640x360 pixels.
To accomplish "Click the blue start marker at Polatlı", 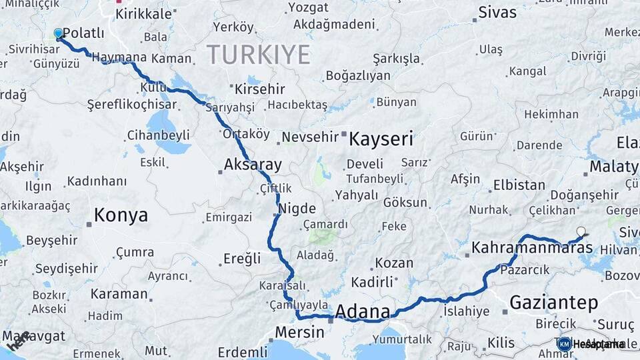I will [58, 33].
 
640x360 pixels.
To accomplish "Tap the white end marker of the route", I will [581, 231].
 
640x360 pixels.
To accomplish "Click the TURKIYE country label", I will [258, 54].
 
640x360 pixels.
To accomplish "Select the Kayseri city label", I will [381, 139].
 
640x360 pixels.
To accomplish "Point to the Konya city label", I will [121, 215].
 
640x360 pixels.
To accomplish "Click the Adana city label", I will [362, 311].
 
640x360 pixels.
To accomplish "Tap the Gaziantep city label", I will [553, 302].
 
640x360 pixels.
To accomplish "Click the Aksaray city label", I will [253, 165].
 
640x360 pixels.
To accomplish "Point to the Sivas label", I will [497, 13].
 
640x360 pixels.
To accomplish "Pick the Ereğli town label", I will [242, 259].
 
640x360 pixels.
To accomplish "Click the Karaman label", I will [119, 293].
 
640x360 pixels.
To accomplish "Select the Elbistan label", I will [519, 185].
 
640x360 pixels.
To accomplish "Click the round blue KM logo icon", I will [564, 344].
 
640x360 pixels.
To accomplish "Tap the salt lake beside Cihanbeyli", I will [161, 123].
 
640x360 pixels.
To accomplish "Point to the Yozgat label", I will [308, 8].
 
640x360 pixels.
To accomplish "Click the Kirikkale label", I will [143, 15].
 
